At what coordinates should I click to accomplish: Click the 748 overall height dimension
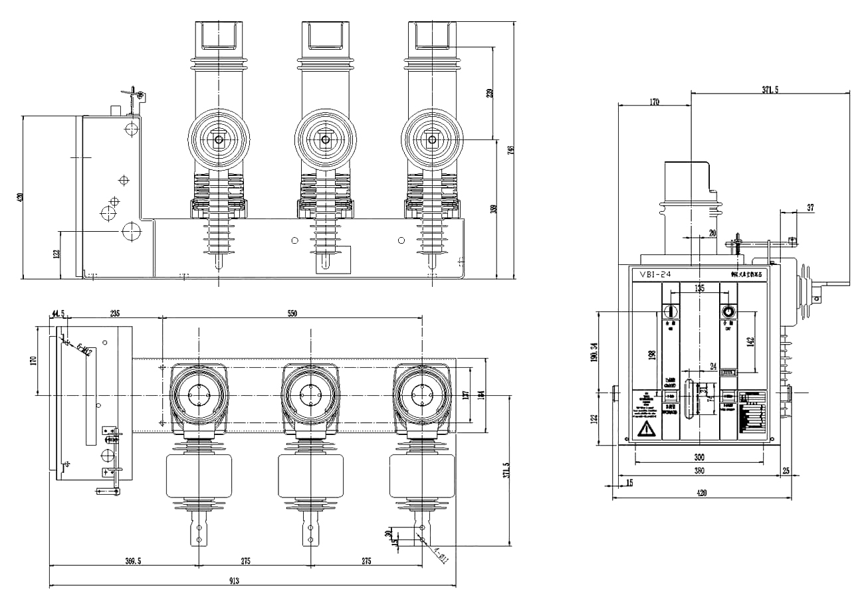pos(510,150)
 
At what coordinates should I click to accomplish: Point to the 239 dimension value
pos(490,93)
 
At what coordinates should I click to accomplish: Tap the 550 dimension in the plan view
pos(292,313)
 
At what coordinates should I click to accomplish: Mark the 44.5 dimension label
pos(57,313)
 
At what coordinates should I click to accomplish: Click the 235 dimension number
pos(114,313)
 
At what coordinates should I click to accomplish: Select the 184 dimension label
pos(481,396)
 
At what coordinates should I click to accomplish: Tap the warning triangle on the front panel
pos(645,431)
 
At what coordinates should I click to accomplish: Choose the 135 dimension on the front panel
pos(699,288)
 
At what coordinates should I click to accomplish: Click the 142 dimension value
pos(751,343)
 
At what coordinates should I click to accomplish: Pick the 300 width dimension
pos(699,457)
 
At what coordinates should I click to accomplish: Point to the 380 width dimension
pos(699,470)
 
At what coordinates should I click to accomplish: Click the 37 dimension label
pos(810,208)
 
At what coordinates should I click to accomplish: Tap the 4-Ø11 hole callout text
pos(441,555)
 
